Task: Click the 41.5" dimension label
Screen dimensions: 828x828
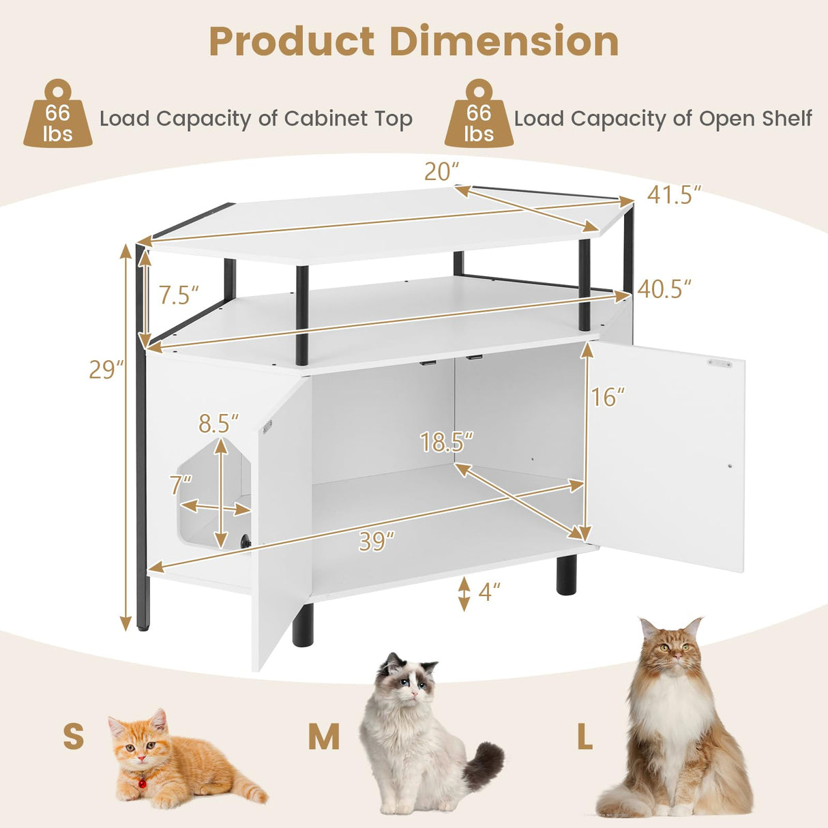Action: click(x=674, y=195)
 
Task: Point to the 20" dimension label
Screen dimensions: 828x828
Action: click(x=442, y=172)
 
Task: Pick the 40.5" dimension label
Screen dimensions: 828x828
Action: click(x=664, y=289)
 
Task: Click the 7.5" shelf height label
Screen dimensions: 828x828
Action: click(x=179, y=295)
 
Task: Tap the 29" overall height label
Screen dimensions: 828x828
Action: click(x=106, y=369)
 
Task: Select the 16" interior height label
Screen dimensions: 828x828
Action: click(x=608, y=397)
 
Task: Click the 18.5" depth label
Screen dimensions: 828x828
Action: click(x=447, y=443)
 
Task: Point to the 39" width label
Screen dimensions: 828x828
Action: click(x=376, y=542)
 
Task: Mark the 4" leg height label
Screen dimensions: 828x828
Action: click(x=490, y=591)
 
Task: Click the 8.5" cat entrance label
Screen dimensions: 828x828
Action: click(x=219, y=424)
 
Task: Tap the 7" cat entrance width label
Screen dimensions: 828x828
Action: click(x=181, y=485)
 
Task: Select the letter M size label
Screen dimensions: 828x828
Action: click(x=323, y=737)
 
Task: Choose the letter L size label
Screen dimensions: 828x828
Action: click(x=585, y=737)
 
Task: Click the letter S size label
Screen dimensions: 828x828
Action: click(x=74, y=737)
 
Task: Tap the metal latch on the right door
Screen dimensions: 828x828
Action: click(x=719, y=364)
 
